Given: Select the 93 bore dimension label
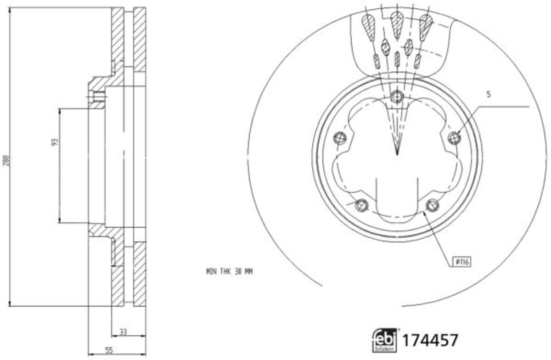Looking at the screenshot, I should [55, 142].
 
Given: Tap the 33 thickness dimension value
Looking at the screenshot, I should [123, 331].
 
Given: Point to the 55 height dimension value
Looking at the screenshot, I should [109, 350].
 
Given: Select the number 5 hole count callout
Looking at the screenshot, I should [489, 95].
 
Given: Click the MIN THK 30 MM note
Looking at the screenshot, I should [229, 271].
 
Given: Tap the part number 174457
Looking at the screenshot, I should [430, 341].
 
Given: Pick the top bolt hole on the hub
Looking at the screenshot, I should [397, 96].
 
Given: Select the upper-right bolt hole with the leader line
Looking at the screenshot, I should [454, 137].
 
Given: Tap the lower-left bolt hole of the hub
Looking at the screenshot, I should [362, 205].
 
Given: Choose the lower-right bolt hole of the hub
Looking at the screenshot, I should [432, 205].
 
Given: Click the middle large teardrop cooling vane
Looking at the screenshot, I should [397, 20].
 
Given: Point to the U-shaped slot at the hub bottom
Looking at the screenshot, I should [397, 197].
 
